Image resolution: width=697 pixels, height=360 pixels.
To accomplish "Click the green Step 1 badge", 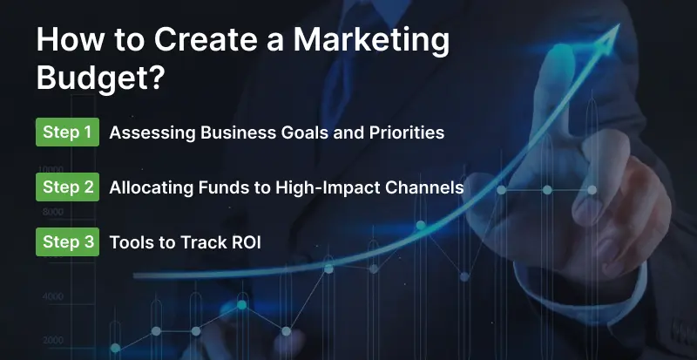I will point(67,132).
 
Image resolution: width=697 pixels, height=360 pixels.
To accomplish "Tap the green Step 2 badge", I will point(67,187).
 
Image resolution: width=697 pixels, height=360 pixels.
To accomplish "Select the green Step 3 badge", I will point(67,241).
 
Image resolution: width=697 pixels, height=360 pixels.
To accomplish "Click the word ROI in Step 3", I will point(245,242).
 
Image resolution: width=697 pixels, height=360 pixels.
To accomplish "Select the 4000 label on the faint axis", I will point(52,296).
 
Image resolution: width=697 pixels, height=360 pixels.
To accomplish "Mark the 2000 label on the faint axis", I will point(52,340).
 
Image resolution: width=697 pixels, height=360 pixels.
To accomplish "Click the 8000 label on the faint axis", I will point(52,212).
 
